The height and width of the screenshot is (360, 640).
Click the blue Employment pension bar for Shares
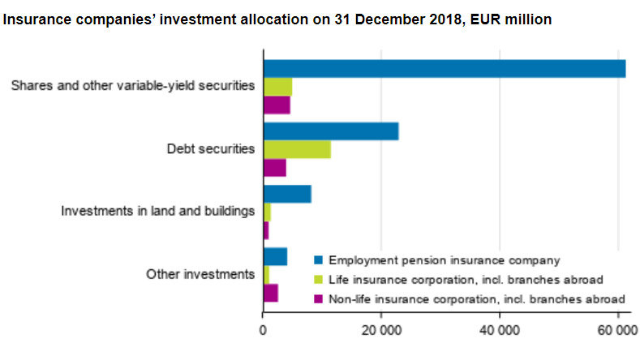tap(444, 69)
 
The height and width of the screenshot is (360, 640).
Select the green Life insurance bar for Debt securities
tap(297, 149)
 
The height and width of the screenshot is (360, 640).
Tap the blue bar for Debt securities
tap(331, 131)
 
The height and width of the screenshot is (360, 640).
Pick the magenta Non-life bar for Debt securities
tap(275, 168)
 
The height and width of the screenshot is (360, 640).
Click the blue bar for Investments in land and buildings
tap(287, 194)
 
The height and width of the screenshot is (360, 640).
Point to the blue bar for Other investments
tap(275, 256)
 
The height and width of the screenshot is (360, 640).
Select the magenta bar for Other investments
tap(271, 293)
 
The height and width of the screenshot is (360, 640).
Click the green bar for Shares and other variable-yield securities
tap(277, 87)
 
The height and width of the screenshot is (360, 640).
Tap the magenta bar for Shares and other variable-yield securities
tap(277, 105)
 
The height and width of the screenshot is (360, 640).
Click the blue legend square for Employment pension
tap(319, 260)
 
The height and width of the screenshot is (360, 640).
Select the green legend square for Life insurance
tap(319, 280)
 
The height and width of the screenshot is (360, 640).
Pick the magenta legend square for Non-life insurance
tap(319, 299)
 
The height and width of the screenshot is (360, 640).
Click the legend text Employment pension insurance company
tap(445, 260)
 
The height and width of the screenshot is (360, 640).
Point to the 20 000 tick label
tap(381, 331)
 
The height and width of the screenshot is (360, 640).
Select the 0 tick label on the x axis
tap(263, 331)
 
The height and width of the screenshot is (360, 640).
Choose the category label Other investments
tap(200, 274)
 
